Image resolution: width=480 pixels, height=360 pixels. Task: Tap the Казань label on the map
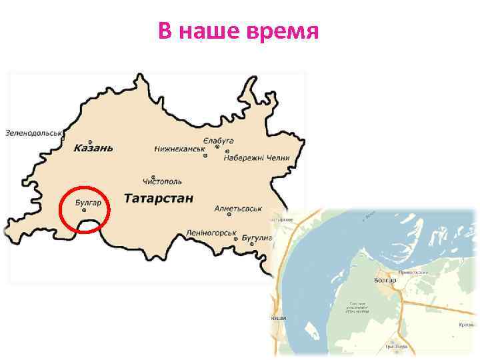pyautogui.click(x=93, y=147)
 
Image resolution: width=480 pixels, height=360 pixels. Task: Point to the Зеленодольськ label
pyautogui.click(x=33, y=133)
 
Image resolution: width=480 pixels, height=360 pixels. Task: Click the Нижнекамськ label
pyautogui.click(x=180, y=149)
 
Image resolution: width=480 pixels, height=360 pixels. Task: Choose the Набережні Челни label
pyautogui.click(x=257, y=158)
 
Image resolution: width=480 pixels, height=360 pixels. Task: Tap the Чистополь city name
pyautogui.click(x=162, y=181)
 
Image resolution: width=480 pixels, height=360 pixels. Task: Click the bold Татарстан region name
pyautogui.click(x=159, y=198)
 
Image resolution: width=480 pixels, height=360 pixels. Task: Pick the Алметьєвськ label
pyautogui.click(x=238, y=209)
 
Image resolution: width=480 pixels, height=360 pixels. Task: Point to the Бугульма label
pyautogui.click(x=257, y=238)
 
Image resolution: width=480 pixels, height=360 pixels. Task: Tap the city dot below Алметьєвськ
pyautogui.click(x=229, y=216)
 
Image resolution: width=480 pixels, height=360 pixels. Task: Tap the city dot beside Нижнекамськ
pyautogui.click(x=205, y=156)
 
